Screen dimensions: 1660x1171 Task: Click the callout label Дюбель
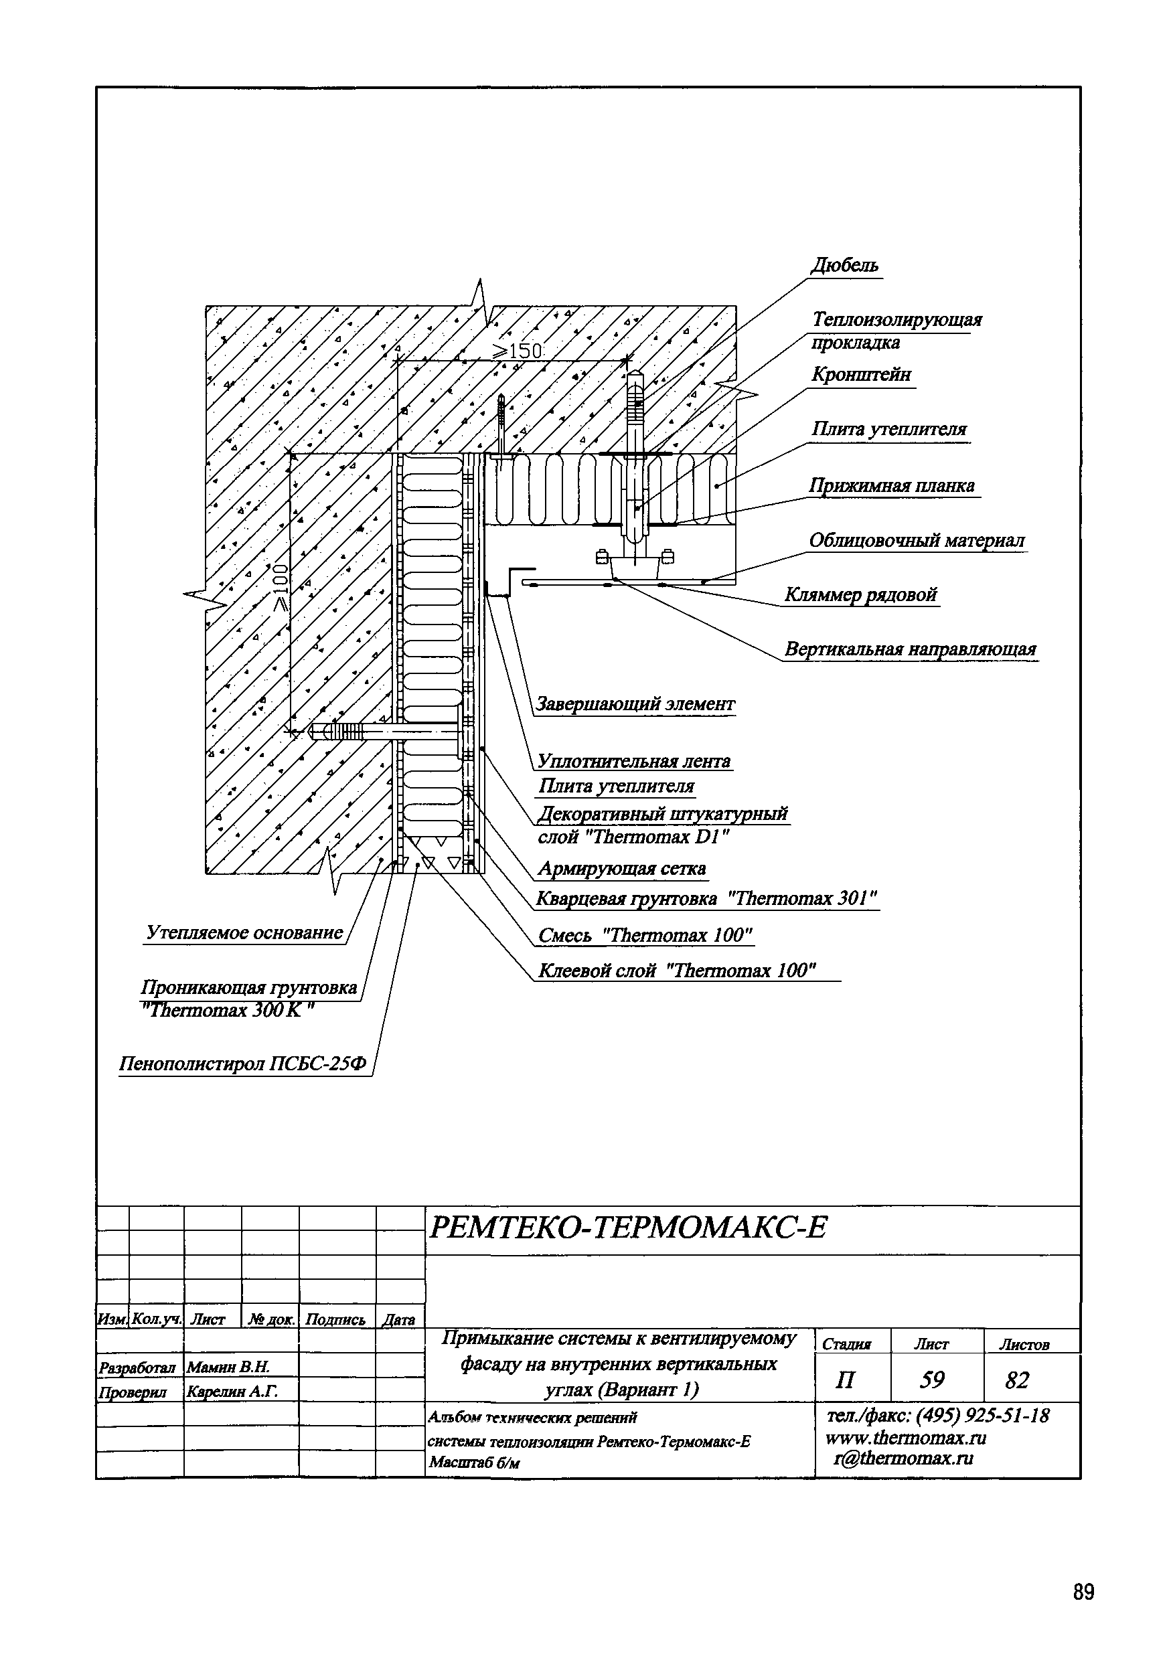(x=845, y=266)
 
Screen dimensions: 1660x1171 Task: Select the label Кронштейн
(x=861, y=376)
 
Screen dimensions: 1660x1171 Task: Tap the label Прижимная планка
(x=892, y=485)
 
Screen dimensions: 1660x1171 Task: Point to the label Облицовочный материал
(x=917, y=541)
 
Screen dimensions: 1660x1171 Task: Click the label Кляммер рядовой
(x=861, y=595)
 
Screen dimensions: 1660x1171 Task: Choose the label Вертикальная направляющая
(x=911, y=649)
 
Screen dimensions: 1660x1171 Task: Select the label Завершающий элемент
(x=634, y=704)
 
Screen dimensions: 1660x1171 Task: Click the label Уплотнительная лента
(x=633, y=761)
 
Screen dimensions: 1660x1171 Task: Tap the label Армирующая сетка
(x=621, y=868)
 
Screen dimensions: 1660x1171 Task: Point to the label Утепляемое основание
(x=244, y=932)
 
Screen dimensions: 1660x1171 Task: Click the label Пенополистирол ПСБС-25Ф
(x=243, y=1064)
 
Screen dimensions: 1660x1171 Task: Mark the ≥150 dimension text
(x=517, y=351)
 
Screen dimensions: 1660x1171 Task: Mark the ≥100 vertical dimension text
(x=280, y=587)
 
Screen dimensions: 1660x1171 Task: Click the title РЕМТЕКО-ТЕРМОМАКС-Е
(x=627, y=1227)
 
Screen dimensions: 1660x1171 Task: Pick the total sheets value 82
(x=1016, y=1380)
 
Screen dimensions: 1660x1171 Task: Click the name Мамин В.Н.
(x=228, y=1366)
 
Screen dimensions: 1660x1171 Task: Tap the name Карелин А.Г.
(x=232, y=1390)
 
